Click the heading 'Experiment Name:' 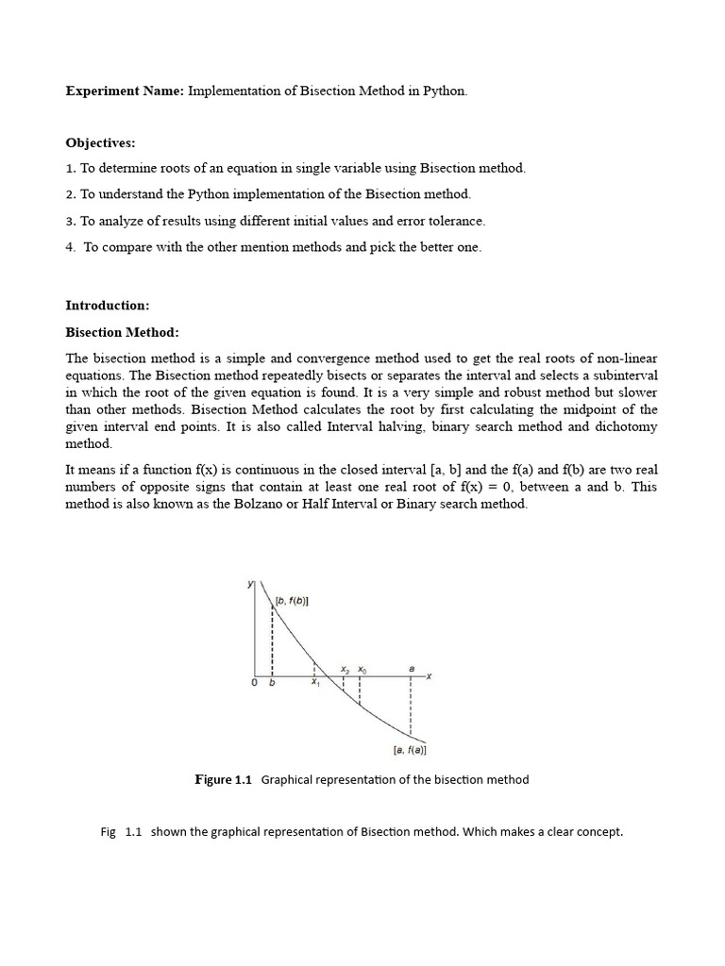[125, 92]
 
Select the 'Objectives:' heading [100, 142]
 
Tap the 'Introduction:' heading [107, 305]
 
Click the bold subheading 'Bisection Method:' [122, 332]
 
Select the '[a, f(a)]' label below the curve [409, 751]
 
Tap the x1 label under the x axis [315, 684]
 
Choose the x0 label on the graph [362, 669]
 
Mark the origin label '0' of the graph [254, 684]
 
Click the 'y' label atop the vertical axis [250, 584]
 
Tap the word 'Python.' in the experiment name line [444, 92]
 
